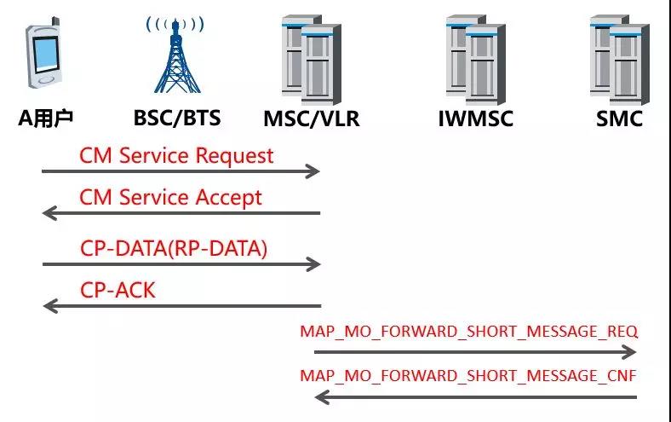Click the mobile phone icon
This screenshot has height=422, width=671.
tap(43, 53)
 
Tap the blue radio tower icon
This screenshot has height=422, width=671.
tap(175, 55)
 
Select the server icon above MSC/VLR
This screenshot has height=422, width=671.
tap(312, 60)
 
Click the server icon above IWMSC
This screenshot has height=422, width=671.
tap(476, 60)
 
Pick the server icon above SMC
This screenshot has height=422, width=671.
tap(620, 60)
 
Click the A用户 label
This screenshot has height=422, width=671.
tap(45, 119)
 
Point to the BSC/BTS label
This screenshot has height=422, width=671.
tap(177, 119)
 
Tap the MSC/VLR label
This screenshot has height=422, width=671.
tap(312, 119)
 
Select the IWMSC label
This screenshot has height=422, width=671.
tap(476, 119)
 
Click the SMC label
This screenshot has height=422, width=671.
tap(620, 119)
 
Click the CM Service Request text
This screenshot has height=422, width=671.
tap(176, 156)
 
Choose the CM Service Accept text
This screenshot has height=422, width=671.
tap(171, 198)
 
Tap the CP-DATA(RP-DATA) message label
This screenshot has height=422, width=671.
tap(174, 248)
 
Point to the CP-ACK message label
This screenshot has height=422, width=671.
tap(118, 291)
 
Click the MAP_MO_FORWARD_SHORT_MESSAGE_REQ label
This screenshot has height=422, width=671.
tap(469, 332)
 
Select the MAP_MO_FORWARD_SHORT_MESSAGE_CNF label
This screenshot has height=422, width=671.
tap(468, 376)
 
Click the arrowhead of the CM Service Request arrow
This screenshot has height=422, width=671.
tap(313, 171)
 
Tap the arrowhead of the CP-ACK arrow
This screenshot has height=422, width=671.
tap(50, 306)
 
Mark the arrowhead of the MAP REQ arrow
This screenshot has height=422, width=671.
tap(629, 352)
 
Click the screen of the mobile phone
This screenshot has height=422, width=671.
tap(45, 55)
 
